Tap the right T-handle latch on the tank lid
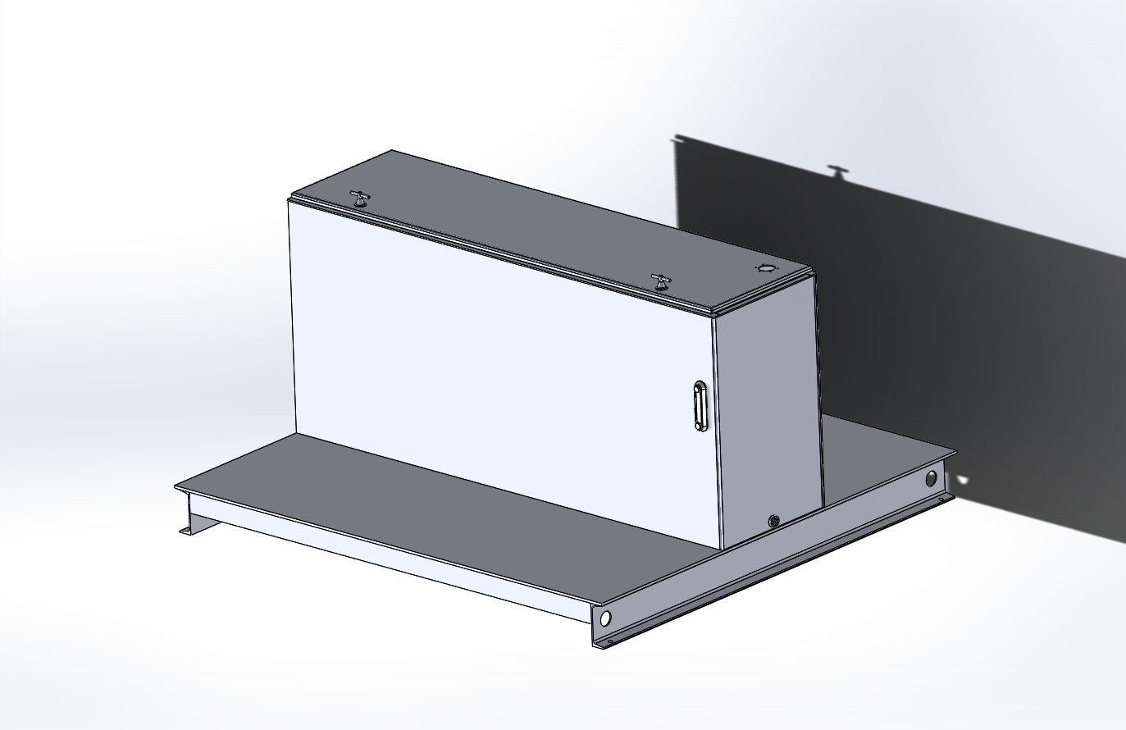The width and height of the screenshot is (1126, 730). [x=661, y=282]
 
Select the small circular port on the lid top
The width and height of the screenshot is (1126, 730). [x=764, y=268]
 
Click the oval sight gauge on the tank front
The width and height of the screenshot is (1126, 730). [x=699, y=405]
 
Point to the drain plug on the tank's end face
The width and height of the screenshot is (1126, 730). [x=773, y=520]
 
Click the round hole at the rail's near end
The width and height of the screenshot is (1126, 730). [x=606, y=618]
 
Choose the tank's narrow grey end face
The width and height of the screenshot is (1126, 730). [x=767, y=410]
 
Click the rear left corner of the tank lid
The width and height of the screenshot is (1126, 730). [x=392, y=152]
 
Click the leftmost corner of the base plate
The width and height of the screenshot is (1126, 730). [x=175, y=487]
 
